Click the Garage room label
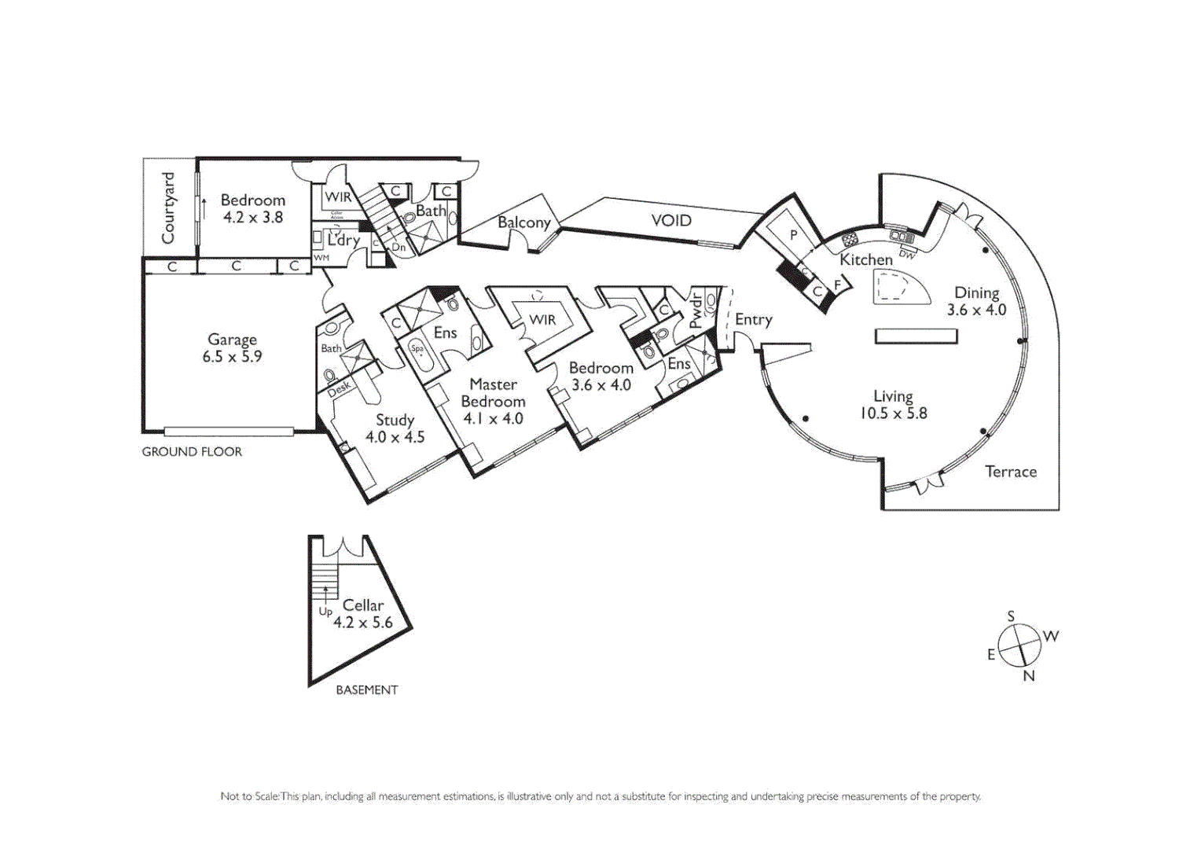tap(232, 340)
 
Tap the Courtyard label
tap(168, 208)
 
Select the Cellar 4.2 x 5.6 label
tap(362, 614)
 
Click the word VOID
tap(671, 221)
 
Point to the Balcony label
tap(523, 222)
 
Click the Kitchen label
tap(865, 259)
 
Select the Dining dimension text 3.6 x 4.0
tap(976, 310)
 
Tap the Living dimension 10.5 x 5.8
tap(893, 413)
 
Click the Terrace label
tap(1011, 472)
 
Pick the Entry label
tap(753, 320)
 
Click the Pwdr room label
tap(696, 311)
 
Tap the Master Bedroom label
tap(493, 392)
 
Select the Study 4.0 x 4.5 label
tap(395, 428)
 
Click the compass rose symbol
tap(1019, 645)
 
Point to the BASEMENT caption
tap(366, 690)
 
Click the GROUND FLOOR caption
tap(192, 452)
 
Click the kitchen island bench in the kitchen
tap(900, 288)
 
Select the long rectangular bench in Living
tap(916, 336)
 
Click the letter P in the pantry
tap(793, 234)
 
